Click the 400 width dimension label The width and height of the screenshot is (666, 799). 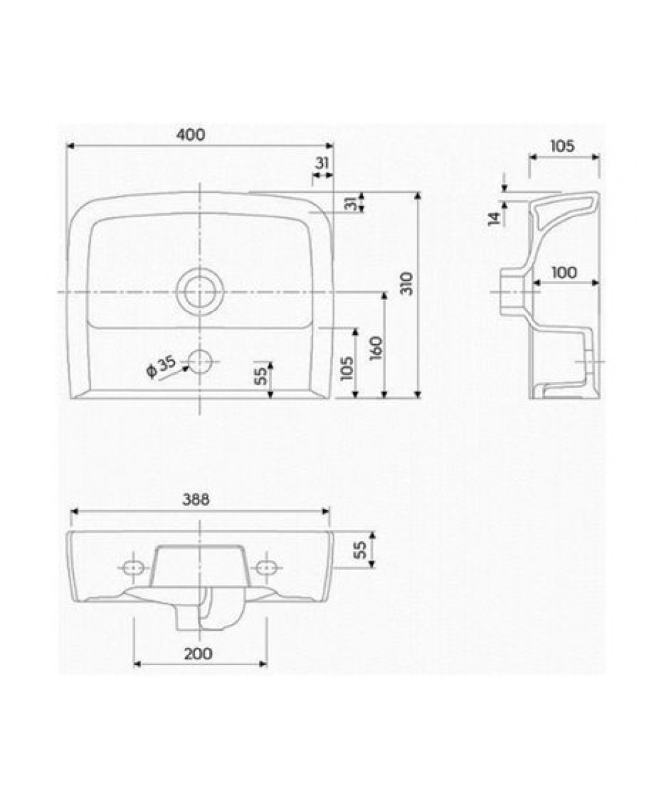click(190, 134)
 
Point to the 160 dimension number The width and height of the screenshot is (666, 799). click(376, 348)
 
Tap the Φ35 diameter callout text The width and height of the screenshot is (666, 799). click(161, 367)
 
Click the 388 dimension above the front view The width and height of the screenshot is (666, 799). click(196, 499)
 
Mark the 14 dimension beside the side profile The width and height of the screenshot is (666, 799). click(495, 218)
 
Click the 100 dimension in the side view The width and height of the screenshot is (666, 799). click(564, 272)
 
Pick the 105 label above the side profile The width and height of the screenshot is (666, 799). click(562, 146)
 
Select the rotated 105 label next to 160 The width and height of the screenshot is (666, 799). click(347, 368)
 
